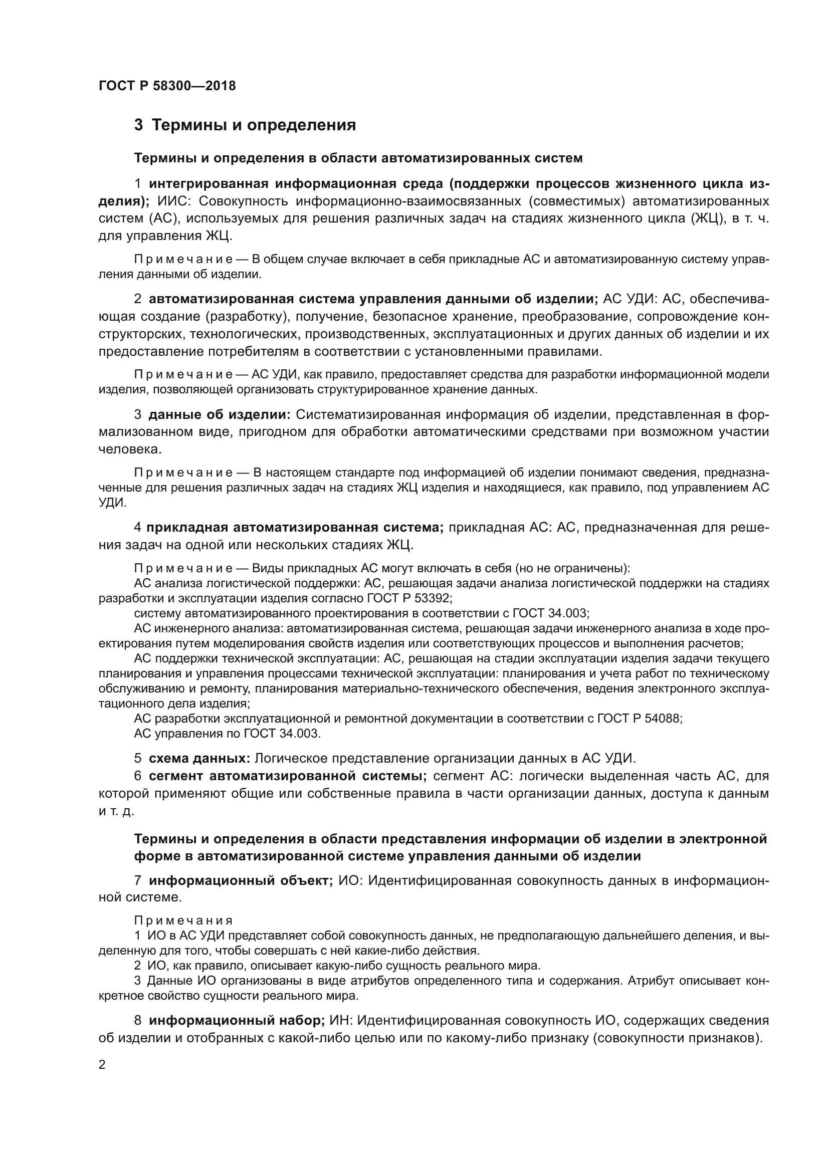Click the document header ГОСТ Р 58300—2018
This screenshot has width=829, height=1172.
click(x=167, y=86)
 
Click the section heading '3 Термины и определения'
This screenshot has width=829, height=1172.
click(x=245, y=125)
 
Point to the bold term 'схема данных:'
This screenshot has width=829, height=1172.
click(x=199, y=758)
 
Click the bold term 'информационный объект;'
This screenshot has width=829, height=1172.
click(x=241, y=880)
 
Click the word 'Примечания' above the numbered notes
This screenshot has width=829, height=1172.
click(x=183, y=920)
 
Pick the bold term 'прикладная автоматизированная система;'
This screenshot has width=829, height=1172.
click(x=296, y=527)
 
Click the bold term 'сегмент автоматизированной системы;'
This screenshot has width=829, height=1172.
click(x=288, y=776)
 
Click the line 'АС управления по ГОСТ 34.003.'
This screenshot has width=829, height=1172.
click(x=227, y=734)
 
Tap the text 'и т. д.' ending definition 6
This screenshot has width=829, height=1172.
click(x=116, y=811)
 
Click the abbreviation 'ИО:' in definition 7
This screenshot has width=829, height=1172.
click(x=350, y=880)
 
